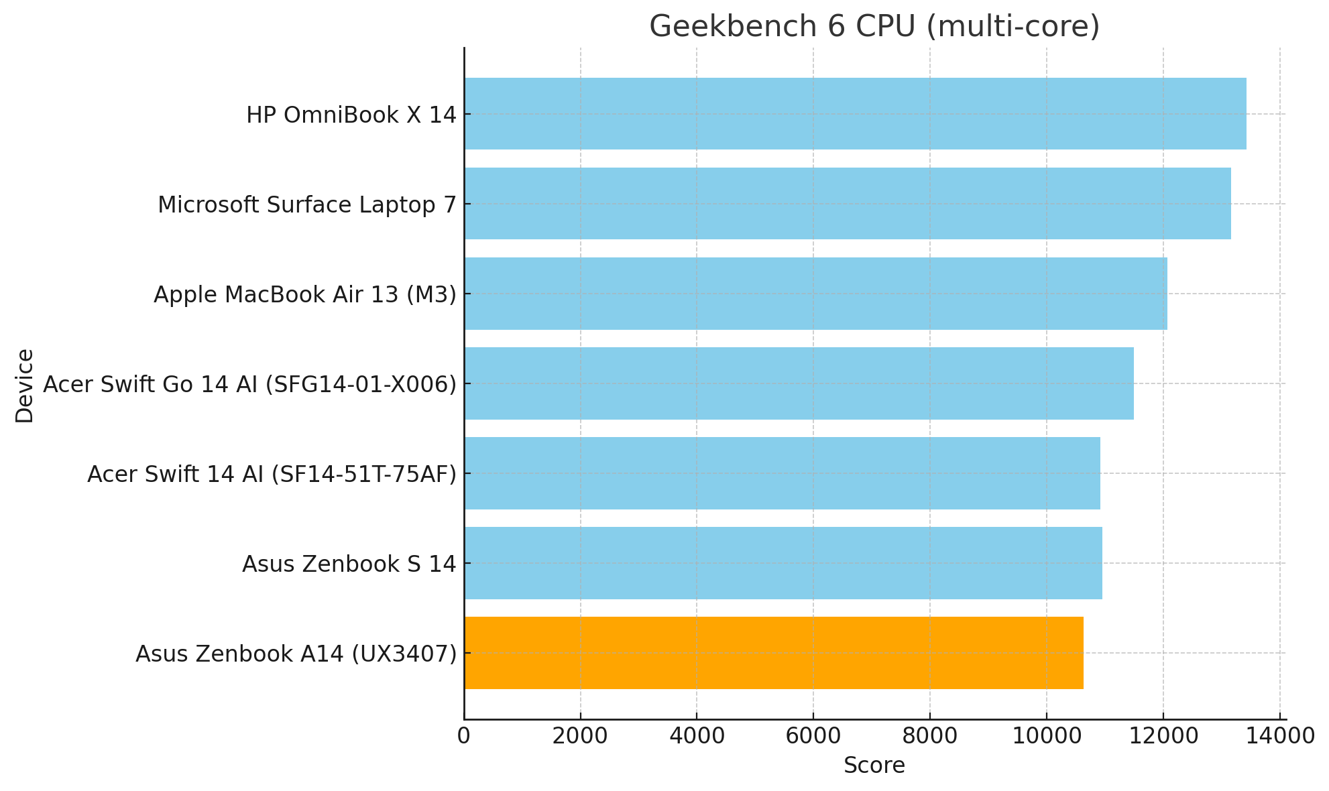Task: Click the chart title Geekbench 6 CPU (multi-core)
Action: pos(874,27)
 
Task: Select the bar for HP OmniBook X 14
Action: pos(855,114)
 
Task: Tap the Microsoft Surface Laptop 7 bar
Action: pos(847,204)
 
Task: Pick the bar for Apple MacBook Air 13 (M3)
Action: pos(815,294)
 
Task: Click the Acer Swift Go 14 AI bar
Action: pos(799,383)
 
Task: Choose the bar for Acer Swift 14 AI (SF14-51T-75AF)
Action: pos(782,473)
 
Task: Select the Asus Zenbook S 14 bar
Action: pos(783,563)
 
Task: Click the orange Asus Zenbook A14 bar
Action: pos(773,653)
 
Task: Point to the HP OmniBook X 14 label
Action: pos(351,115)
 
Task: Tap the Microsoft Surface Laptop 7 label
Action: pos(306,205)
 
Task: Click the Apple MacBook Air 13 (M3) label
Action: pos(304,295)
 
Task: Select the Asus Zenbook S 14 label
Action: pos(349,564)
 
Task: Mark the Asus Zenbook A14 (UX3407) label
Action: pos(296,654)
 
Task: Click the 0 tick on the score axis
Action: pos(464,736)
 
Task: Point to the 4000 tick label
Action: pos(697,736)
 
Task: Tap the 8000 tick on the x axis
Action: pos(930,736)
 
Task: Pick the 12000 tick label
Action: pos(1163,736)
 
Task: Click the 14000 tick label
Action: pos(1279,736)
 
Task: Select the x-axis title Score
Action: pos(874,766)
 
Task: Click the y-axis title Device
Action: pos(25,385)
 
